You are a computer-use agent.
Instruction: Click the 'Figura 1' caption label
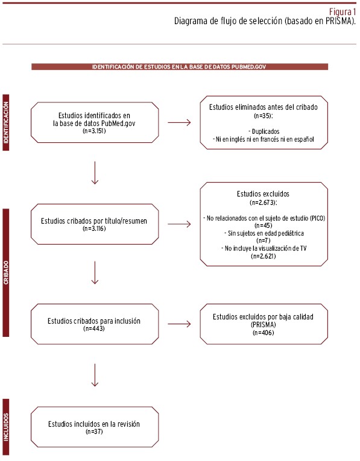[x=343, y=12]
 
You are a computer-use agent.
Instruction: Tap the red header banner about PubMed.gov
[x=180, y=67]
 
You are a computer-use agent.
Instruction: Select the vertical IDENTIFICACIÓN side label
[x=6, y=122]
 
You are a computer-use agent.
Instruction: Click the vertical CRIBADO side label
[x=6, y=272]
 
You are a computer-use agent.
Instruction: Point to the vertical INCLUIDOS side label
[x=6, y=427]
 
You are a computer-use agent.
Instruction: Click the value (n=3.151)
[x=95, y=131]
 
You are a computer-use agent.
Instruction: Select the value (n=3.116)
[x=95, y=228]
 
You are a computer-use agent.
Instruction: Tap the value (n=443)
[x=94, y=328]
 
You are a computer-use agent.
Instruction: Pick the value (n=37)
[x=95, y=431]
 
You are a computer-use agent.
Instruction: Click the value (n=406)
[x=264, y=333]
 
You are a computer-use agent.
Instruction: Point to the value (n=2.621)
[x=264, y=256]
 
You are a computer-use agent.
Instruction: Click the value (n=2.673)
[x=264, y=202]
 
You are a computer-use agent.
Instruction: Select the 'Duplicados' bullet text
[x=264, y=131]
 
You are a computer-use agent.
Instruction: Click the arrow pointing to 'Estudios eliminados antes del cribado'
[x=180, y=122]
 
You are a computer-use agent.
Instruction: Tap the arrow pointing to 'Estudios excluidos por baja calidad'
[x=180, y=324]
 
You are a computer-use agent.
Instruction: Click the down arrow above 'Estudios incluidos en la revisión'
[x=95, y=375]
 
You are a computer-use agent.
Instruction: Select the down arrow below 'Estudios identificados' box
[x=95, y=173]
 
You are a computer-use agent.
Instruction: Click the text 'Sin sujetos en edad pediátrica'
[x=264, y=233]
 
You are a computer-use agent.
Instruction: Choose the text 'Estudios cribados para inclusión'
[x=94, y=321]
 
